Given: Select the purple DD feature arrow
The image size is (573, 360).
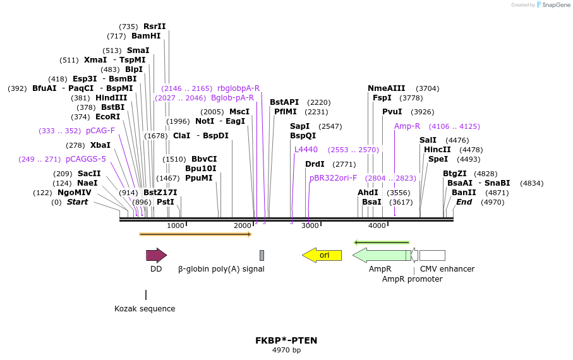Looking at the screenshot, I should point(156,255).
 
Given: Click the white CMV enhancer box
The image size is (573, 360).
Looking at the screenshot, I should point(432,255).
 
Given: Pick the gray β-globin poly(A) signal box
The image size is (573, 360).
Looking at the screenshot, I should point(262,255).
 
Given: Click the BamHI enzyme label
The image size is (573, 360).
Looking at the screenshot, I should point(146,36).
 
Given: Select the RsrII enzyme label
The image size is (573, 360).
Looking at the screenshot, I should point(154,27).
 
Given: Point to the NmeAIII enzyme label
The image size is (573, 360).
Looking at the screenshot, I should point(386,88).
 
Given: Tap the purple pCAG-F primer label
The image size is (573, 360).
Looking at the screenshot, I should point(100,131).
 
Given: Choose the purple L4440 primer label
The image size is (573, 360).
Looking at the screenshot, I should point(306,150).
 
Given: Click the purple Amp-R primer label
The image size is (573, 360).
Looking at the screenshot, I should point(407,126).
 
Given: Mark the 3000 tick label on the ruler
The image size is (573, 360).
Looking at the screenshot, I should point(310,225).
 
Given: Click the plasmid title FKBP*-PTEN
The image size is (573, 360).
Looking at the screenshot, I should point(286,340).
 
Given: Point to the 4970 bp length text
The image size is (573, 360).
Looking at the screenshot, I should point(286,350).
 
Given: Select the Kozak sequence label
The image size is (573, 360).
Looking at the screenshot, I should point(145,309).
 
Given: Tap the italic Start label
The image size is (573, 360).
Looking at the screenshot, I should point(77,202).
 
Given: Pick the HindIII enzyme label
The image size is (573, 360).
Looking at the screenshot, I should point(111,98).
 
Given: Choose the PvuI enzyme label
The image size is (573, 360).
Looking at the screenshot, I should point(392,112).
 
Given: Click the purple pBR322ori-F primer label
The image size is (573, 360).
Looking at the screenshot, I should point(333,178).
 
